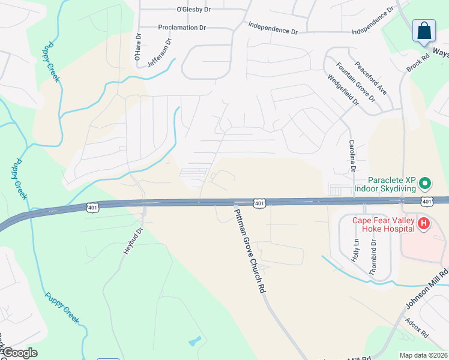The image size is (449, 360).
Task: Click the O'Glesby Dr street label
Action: click(194, 10)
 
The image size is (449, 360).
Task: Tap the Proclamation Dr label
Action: click(182, 28)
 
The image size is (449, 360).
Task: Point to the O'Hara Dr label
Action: click(138, 47)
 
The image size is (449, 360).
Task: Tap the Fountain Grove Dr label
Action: click(355, 81)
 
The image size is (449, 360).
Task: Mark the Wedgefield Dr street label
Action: click(343, 90)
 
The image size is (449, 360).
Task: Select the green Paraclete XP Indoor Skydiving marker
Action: click(425, 182)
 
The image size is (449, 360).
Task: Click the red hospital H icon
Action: click(424, 224)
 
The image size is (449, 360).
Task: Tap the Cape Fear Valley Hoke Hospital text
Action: click(383, 224)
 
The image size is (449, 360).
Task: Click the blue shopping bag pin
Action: click(424, 31)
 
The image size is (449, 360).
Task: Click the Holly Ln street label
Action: click(355, 248)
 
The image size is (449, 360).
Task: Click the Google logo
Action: click(19, 353)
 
